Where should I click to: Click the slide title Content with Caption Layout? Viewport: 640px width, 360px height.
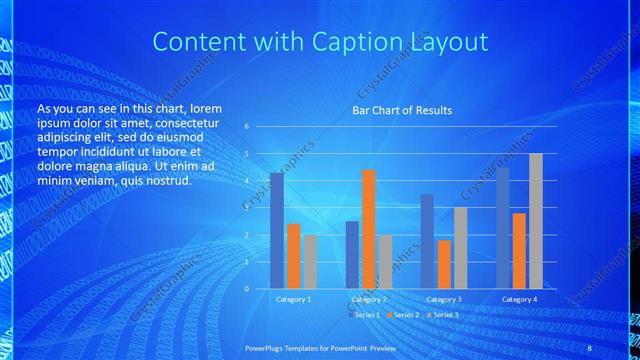320,42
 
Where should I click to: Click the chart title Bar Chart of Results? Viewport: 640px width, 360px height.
401,110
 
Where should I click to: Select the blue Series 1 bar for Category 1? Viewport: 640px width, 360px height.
277,230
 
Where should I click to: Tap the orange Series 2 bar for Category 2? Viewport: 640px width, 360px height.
368,229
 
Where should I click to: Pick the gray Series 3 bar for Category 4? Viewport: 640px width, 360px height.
536,221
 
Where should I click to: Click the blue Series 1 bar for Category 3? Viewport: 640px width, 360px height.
427,241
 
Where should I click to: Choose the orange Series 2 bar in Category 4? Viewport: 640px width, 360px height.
519,250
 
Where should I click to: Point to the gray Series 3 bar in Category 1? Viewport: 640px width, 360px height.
310,261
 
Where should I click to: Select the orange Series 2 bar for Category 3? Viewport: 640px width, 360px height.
444,264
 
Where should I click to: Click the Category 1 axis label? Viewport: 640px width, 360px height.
293,299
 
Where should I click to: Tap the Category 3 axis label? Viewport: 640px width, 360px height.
444,299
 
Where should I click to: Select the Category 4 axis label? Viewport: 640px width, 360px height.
519,299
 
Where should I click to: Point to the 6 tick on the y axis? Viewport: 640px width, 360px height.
246,127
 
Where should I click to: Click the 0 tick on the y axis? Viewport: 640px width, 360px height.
246,288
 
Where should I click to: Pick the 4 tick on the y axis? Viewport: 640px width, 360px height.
246,181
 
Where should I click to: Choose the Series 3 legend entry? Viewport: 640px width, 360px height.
444,315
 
